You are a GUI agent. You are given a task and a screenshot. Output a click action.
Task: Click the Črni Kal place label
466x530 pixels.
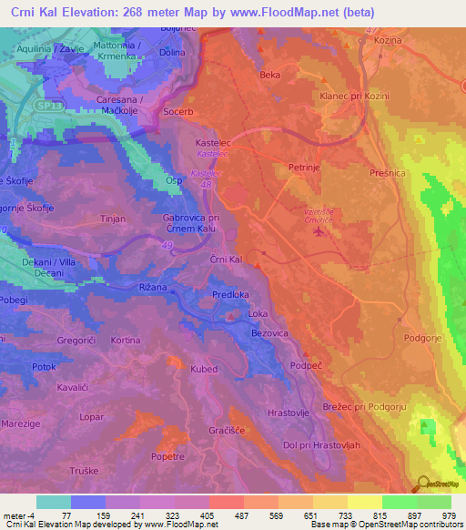[x=224, y=260]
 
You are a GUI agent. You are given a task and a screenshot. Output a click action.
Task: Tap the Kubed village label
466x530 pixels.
[x=204, y=369]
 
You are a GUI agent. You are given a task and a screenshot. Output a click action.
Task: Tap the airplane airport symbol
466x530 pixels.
[x=318, y=231]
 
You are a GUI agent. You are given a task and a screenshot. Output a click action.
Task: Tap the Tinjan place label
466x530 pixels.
[x=113, y=219]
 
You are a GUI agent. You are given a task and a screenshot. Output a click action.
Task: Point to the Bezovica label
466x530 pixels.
[x=269, y=334]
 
